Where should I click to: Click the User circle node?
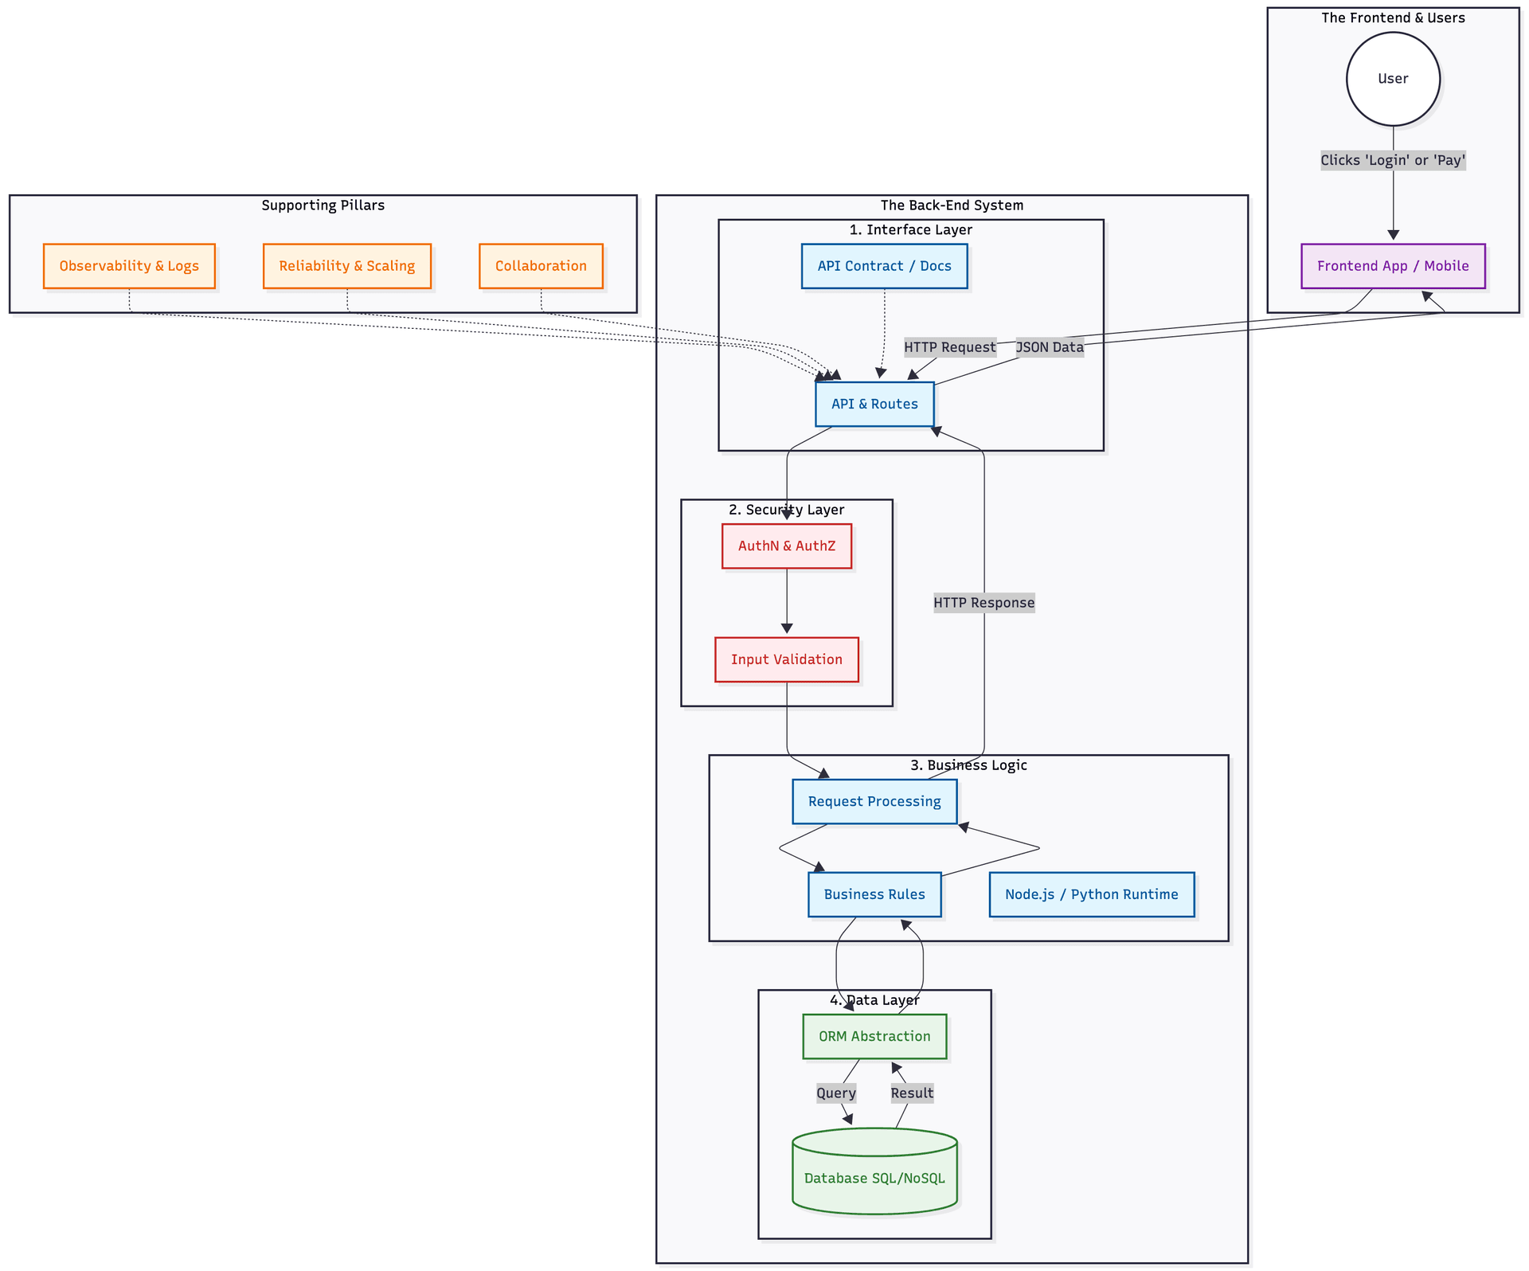pyautogui.click(x=1393, y=79)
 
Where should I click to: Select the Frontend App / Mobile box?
pyautogui.click(x=1393, y=266)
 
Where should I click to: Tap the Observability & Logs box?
pyautogui.click(x=129, y=266)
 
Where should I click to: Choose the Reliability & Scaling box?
pyautogui.click(x=346, y=266)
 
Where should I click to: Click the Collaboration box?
pyautogui.click(x=541, y=266)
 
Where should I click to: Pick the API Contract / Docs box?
pyautogui.click(x=884, y=266)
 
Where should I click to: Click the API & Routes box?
pyautogui.click(x=874, y=404)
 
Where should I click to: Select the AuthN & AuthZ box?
pyautogui.click(x=786, y=546)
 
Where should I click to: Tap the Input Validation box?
pyautogui.click(x=786, y=659)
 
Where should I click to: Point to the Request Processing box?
pyautogui.click(x=874, y=801)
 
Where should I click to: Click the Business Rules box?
pyautogui.click(x=874, y=894)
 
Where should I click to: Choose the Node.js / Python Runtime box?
pyautogui.click(x=1091, y=894)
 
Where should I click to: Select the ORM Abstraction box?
pyautogui.click(x=874, y=1036)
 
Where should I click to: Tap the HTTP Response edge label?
pyautogui.click(x=983, y=603)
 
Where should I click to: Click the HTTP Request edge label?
pyautogui.click(x=949, y=347)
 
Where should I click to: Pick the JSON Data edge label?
pyautogui.click(x=1050, y=347)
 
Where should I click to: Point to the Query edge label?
pyautogui.click(x=835, y=1093)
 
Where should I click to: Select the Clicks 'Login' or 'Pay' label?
pyautogui.click(x=1393, y=160)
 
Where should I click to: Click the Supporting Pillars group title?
pyautogui.click(x=323, y=205)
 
